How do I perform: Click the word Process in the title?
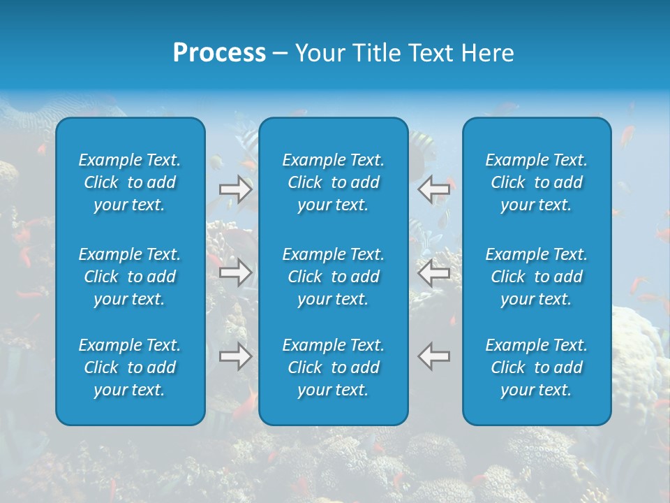[219, 53]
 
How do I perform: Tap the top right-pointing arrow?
[236, 189]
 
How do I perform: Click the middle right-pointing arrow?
[236, 272]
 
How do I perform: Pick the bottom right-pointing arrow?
[236, 356]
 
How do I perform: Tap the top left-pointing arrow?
[433, 189]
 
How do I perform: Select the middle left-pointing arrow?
[433, 272]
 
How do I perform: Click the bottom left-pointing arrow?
[433, 356]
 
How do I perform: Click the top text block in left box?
[130, 182]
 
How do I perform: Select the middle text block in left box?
[130, 277]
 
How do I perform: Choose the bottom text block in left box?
[130, 367]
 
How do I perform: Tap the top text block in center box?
[334, 182]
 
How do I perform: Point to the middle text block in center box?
[334, 277]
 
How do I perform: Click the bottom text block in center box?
[334, 367]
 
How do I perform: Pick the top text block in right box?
[537, 182]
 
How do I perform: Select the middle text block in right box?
[537, 277]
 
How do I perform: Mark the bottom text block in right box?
[537, 367]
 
